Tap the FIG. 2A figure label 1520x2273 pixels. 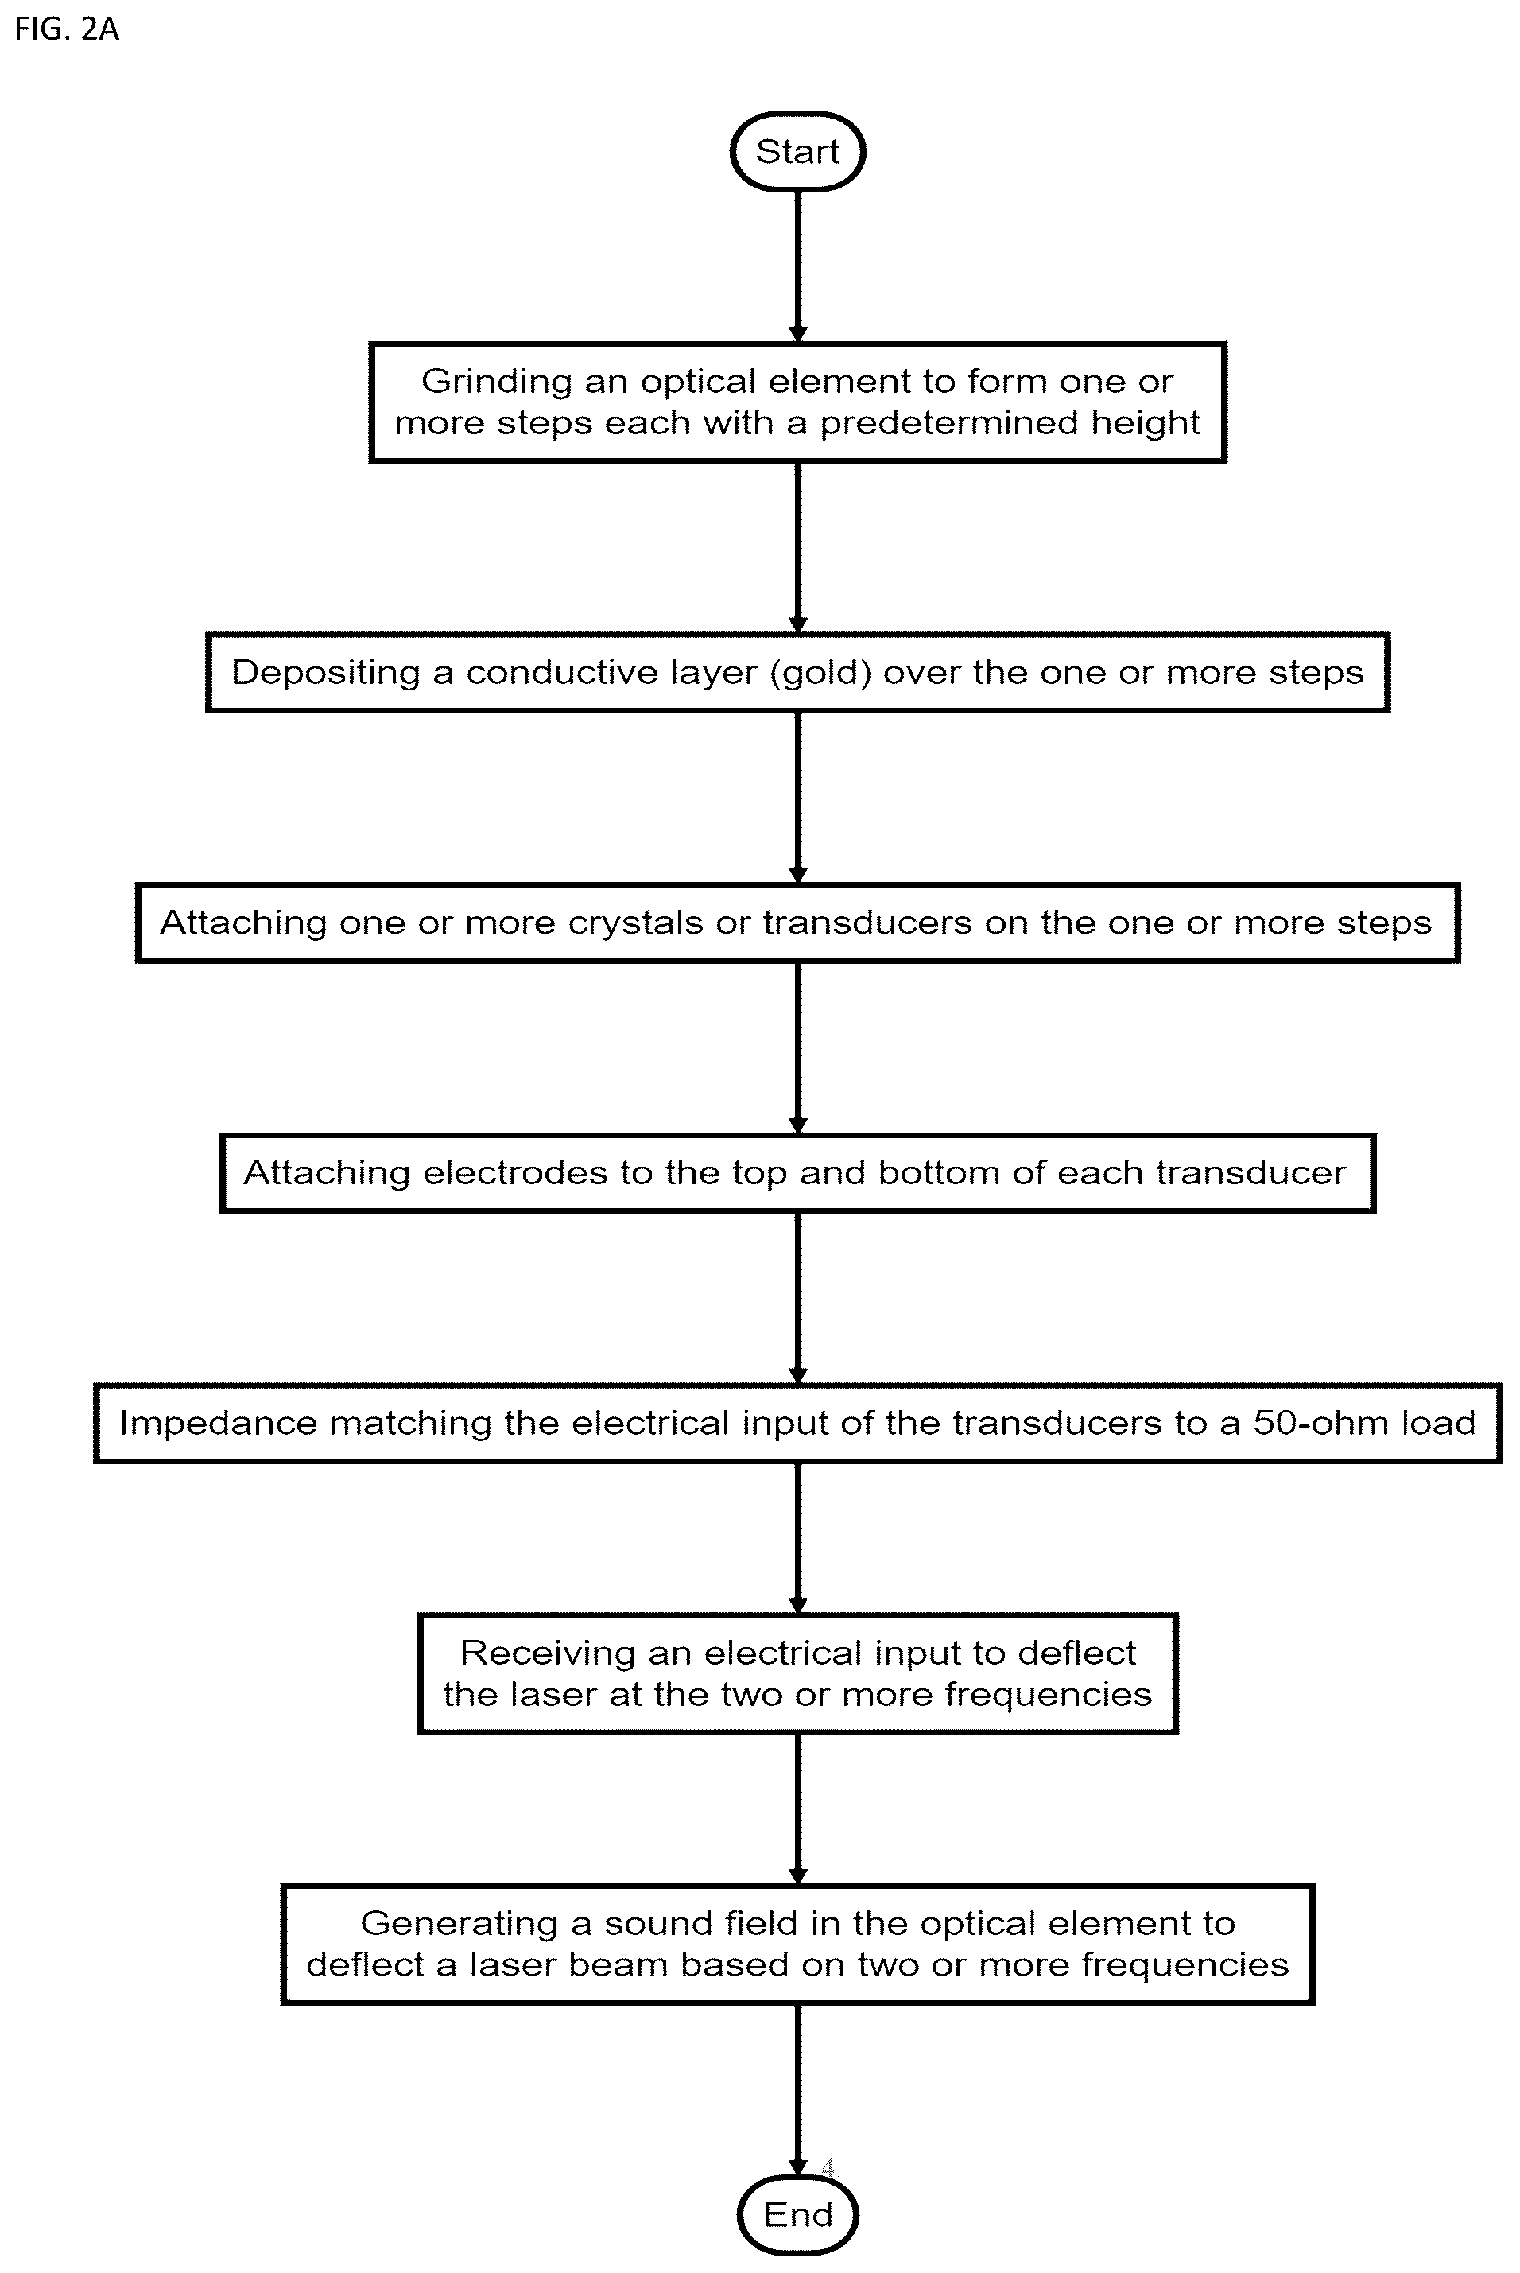pyautogui.click(x=67, y=29)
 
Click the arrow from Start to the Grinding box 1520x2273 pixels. pyautogui.click(x=798, y=266)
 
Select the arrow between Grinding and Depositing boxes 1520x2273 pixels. pyautogui.click(x=798, y=548)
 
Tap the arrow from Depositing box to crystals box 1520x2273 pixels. pyautogui.click(x=798, y=798)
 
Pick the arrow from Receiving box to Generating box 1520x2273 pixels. pyautogui.click(x=798, y=1809)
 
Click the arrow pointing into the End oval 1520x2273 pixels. pyautogui.click(x=798, y=2090)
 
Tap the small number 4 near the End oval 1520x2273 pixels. pyautogui.click(x=828, y=2166)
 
